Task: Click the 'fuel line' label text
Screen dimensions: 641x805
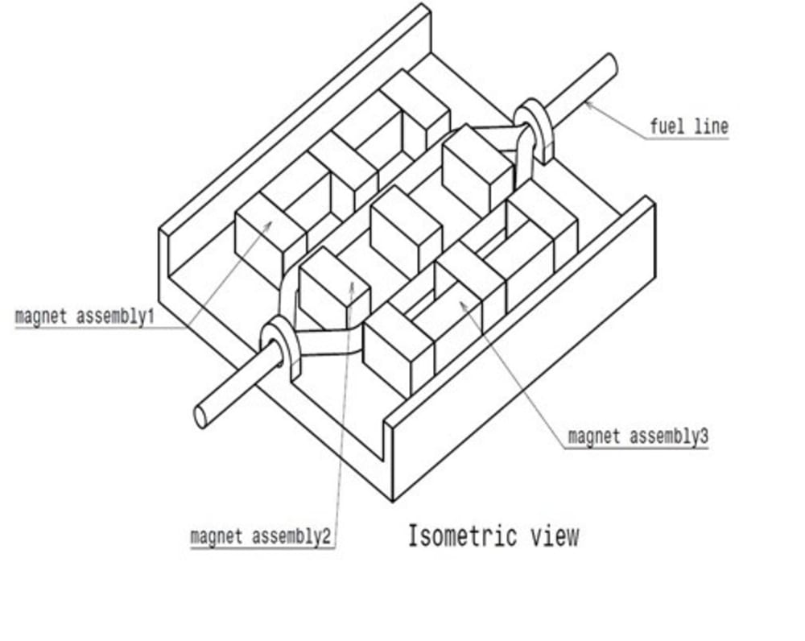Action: (x=688, y=126)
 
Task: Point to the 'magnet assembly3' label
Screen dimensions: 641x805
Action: (x=638, y=437)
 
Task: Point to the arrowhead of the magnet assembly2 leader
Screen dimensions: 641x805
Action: (x=352, y=283)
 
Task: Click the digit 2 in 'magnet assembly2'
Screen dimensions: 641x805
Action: (x=326, y=536)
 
